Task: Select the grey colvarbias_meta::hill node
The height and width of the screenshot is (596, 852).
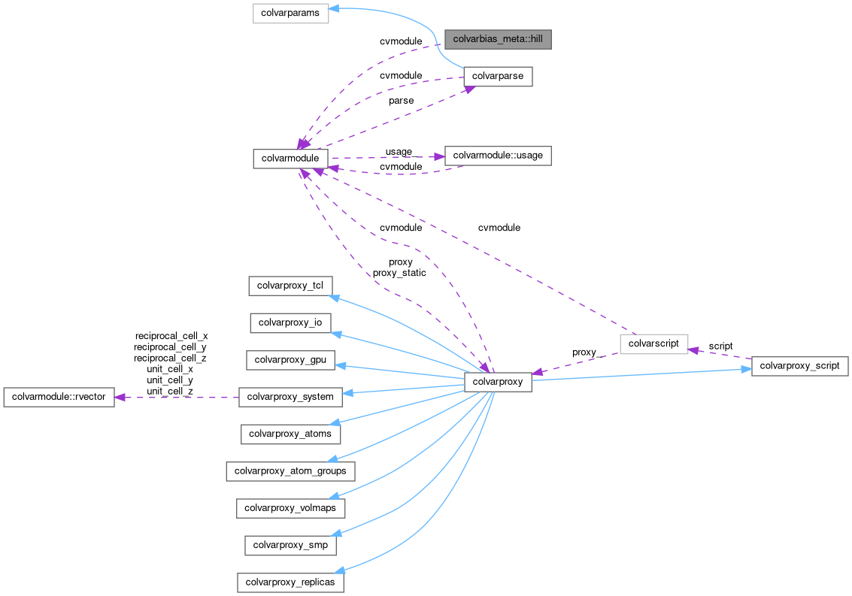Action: pos(497,38)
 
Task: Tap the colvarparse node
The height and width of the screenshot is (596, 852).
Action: pos(498,76)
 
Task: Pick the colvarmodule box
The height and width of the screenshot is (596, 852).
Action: pos(290,158)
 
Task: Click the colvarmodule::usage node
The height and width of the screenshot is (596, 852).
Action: pos(498,156)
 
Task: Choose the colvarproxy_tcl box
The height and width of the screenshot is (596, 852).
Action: pos(290,286)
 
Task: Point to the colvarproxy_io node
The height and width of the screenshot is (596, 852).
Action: pos(290,322)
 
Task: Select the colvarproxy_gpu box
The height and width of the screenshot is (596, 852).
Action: pos(290,359)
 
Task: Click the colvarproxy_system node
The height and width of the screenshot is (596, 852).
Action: pos(290,396)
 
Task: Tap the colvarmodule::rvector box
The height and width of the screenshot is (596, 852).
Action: pos(59,397)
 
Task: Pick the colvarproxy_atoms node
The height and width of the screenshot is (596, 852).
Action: pos(290,434)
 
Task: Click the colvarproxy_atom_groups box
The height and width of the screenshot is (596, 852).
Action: pos(290,471)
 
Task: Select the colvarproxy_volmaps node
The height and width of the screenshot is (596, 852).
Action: pos(290,508)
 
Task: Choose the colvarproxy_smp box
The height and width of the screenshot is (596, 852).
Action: pos(290,545)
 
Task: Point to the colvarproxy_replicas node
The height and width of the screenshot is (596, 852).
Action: pos(290,582)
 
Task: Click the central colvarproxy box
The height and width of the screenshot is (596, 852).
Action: pos(498,382)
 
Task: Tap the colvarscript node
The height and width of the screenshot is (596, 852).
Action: pos(653,343)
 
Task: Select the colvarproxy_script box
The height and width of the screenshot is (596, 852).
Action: pos(800,366)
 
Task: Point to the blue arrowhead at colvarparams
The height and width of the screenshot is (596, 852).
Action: pos(335,10)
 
